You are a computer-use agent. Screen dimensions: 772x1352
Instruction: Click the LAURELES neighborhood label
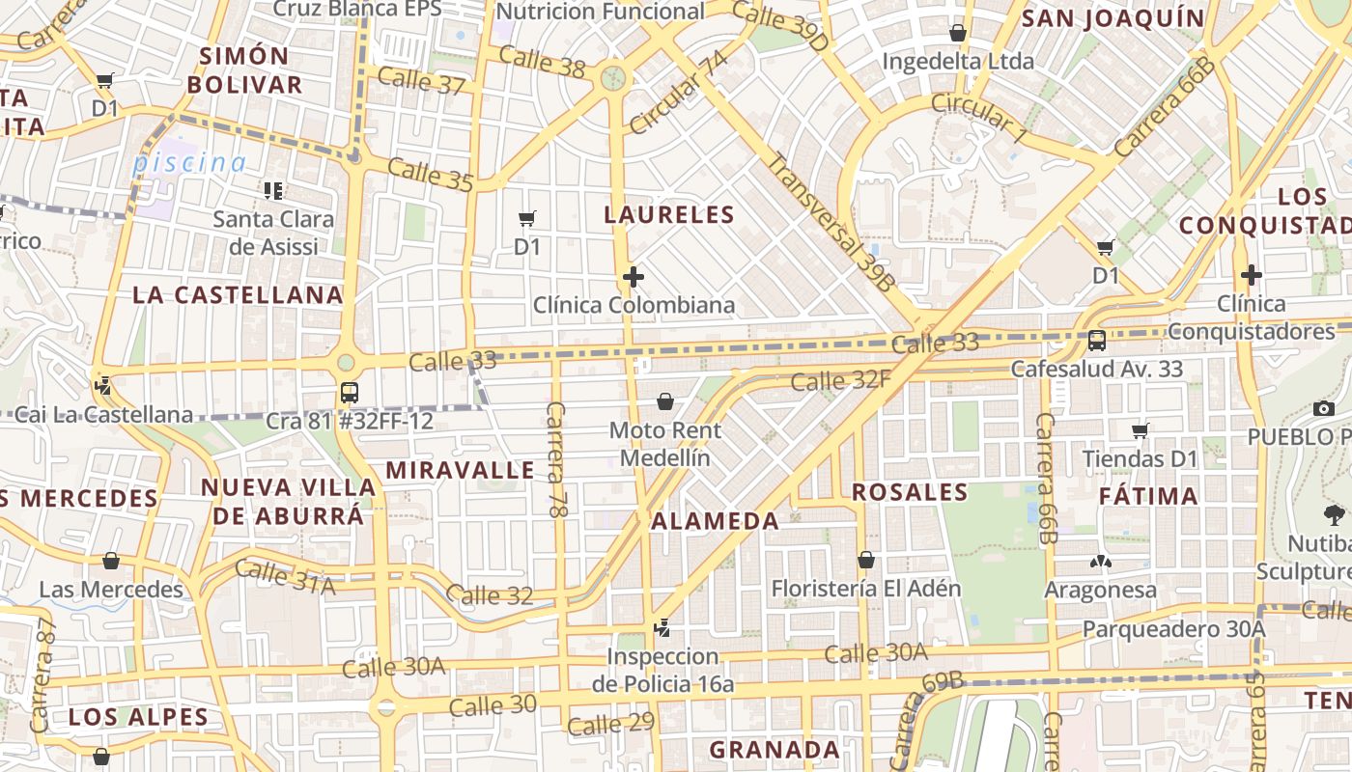tap(669, 214)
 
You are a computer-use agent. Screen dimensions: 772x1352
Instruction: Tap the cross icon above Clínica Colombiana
tap(634, 278)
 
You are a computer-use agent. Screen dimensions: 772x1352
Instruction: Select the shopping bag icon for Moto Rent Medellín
tap(665, 400)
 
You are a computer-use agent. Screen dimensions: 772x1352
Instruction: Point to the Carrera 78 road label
tap(555, 459)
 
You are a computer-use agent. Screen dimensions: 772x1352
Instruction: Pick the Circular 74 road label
tap(679, 93)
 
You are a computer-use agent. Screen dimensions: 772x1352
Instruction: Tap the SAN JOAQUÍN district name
tap(1113, 18)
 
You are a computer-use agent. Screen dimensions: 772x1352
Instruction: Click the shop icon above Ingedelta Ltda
tap(958, 33)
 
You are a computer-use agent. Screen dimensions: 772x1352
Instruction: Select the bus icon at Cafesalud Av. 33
tap(1097, 340)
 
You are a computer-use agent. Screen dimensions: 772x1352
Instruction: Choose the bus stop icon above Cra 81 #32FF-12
tap(350, 393)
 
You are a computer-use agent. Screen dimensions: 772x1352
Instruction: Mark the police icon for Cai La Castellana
tap(102, 387)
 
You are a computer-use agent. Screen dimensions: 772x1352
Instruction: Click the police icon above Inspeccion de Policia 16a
tap(662, 628)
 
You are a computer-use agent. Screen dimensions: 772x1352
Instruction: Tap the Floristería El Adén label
tap(866, 588)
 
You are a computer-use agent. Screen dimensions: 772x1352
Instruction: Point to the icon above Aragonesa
tap(1100, 562)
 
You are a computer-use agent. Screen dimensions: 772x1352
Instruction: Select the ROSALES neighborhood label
tap(910, 492)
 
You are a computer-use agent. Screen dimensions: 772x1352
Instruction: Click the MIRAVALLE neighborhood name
tap(460, 470)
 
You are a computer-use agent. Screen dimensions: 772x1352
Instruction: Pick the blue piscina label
tap(189, 162)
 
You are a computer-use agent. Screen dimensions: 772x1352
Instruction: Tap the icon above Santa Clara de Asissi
tap(273, 190)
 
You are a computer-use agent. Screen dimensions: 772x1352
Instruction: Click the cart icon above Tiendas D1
tap(1141, 430)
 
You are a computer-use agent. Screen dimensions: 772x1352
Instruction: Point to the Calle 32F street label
tap(840, 381)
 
